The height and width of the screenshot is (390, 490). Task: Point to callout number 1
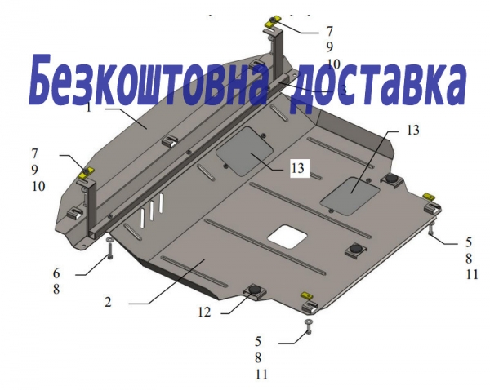click(89, 108)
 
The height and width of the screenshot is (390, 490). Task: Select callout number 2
click(108, 302)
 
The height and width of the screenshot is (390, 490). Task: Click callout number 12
click(204, 312)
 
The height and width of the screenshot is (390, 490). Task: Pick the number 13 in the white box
click(298, 168)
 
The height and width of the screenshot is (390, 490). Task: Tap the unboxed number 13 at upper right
click(412, 130)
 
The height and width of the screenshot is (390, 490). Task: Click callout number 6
click(56, 273)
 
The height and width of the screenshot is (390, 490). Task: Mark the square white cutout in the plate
click(287, 237)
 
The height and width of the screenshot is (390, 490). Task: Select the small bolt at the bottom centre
click(309, 327)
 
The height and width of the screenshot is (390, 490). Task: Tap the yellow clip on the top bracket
click(272, 22)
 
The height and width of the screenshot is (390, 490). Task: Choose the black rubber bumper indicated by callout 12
click(256, 290)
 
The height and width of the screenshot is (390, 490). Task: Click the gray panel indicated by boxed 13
click(245, 151)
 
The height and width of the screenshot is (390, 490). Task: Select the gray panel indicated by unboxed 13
click(350, 196)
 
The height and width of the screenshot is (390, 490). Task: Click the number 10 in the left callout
click(38, 186)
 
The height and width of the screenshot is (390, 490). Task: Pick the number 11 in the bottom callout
click(261, 374)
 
